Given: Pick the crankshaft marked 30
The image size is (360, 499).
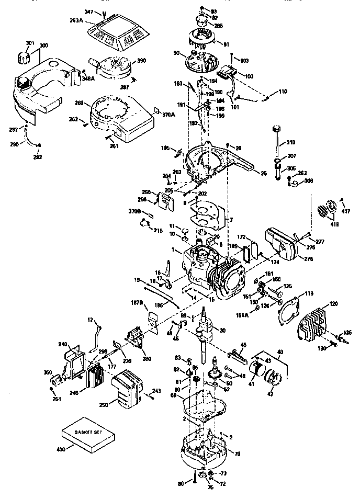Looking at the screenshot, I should pos(200,332).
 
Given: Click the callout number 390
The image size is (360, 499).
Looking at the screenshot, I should pos(141,61).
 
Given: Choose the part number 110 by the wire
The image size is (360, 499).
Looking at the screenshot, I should pos(282,92).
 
